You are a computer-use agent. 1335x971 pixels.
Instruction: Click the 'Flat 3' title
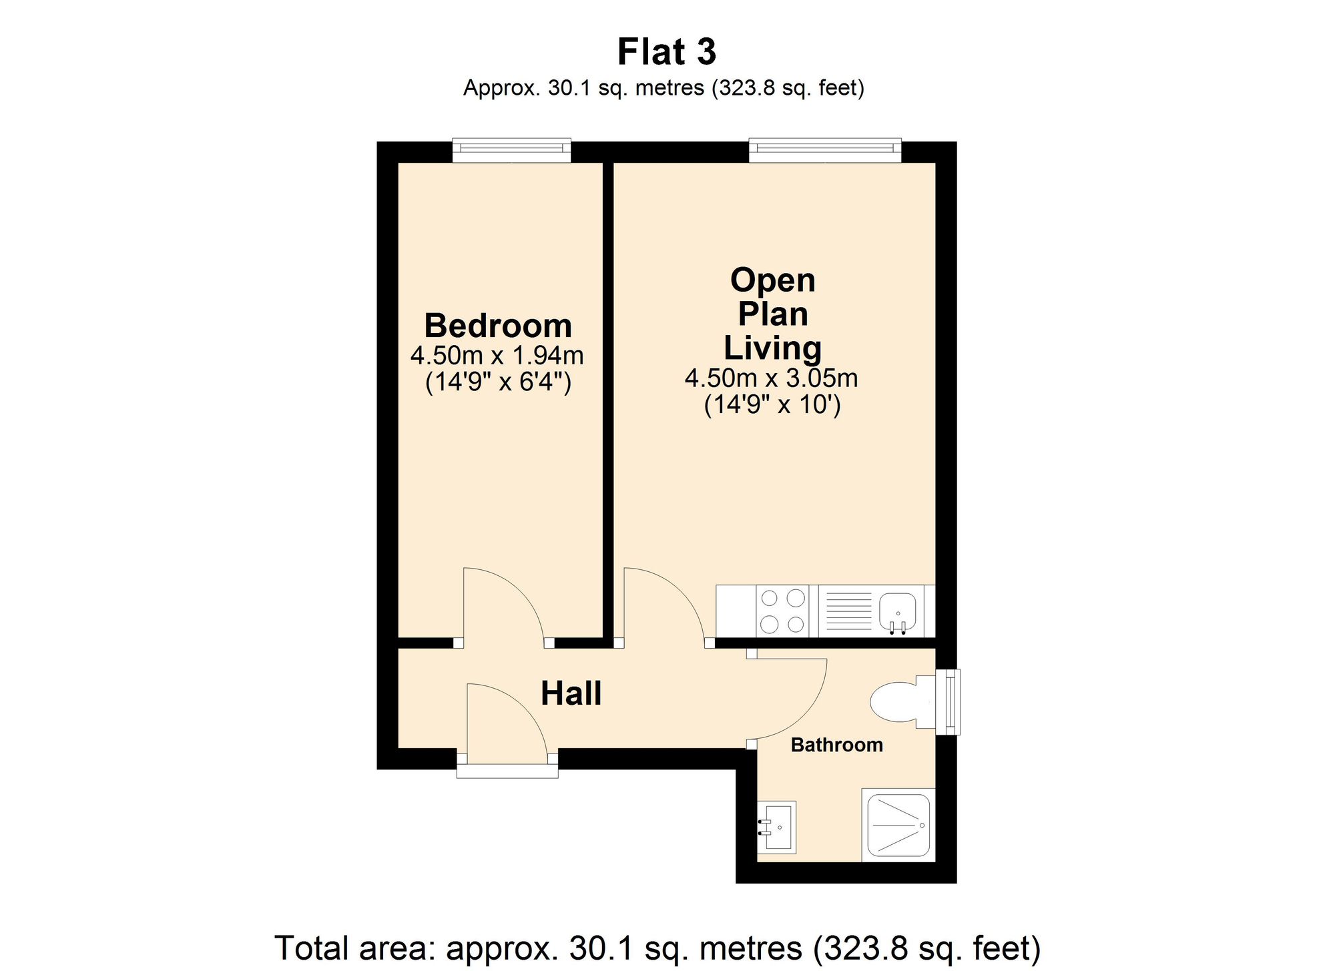(666, 52)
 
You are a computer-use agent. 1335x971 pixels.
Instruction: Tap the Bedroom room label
(498, 326)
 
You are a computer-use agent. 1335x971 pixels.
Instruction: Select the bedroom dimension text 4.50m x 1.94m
(497, 355)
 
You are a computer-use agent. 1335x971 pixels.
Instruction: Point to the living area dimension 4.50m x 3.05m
(771, 378)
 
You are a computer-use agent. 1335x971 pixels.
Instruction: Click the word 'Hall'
(571, 693)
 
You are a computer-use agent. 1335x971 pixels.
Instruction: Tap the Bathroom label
(836, 745)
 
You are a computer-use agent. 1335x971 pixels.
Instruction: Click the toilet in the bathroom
(898, 701)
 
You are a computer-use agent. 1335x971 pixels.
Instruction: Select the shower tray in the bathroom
(898, 826)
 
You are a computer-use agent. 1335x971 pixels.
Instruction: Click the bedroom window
(511, 150)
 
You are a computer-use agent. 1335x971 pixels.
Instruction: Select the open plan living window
(824, 150)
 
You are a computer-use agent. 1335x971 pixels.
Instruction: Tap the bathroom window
(948, 702)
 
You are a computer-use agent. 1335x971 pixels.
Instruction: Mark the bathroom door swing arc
(801, 711)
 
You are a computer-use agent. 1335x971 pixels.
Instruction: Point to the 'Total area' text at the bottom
(657, 948)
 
